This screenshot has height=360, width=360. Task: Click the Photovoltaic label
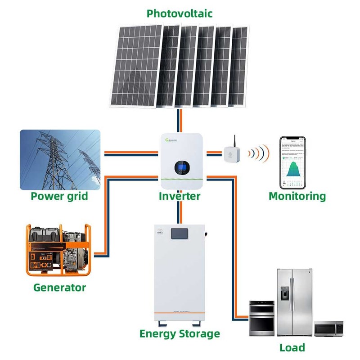[180, 13]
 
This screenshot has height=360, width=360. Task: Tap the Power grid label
[59, 196]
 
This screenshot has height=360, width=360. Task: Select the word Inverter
[180, 196]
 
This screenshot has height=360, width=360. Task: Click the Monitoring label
[297, 196]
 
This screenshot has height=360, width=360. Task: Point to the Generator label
[59, 287]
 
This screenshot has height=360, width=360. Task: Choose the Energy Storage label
[180, 333]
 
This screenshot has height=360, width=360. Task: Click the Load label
[292, 347]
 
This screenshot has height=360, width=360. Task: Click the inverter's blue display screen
[181, 167]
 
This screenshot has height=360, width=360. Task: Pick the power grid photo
[60, 160]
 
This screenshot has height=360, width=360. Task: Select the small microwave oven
[328, 329]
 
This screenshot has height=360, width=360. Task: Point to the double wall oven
[262, 318]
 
